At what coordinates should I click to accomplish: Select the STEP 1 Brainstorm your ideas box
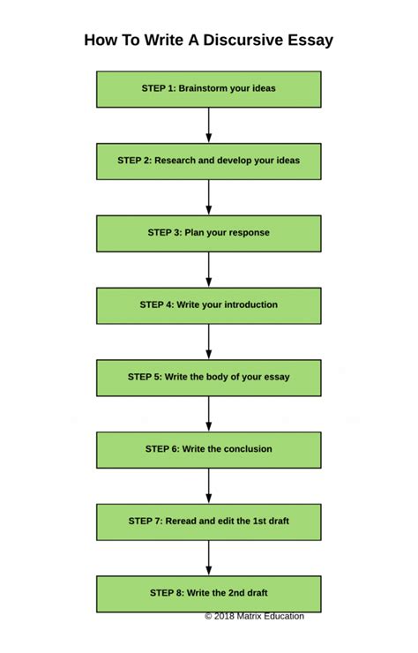[209, 89]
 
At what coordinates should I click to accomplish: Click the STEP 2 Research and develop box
[209, 161]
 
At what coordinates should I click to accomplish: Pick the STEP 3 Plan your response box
[209, 233]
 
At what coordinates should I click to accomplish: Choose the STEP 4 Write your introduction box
[209, 305]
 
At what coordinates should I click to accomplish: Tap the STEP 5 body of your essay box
[209, 377]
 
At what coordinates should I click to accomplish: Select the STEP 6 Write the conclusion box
[209, 449]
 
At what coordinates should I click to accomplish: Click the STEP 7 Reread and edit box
[209, 522]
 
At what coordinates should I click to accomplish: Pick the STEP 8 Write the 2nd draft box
[209, 593]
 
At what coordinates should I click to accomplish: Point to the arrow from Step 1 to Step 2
[209, 124]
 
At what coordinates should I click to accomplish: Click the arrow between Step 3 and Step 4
[209, 269]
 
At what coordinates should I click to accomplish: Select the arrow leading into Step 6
[209, 413]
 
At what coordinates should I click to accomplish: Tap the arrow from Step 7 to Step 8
[209, 557]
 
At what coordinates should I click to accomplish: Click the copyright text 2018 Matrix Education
[255, 616]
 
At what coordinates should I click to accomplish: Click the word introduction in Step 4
[248, 305]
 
